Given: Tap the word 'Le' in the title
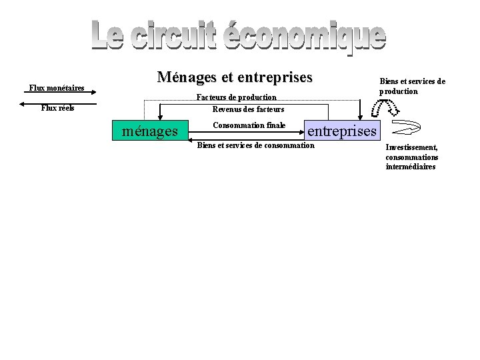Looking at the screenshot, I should (107, 36).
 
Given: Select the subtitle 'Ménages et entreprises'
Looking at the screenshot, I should (235, 77).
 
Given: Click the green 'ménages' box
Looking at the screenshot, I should (150, 131).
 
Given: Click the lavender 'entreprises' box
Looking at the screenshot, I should (341, 131).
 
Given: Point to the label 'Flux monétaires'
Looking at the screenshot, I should (57, 88).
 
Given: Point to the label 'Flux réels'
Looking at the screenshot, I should (58, 108).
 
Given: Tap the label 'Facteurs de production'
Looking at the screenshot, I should (236, 98).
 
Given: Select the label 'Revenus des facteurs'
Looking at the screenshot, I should (248, 109).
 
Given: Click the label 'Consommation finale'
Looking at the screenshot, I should (249, 125).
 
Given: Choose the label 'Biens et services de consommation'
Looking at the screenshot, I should (255, 145).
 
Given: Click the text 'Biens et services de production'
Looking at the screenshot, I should (412, 86).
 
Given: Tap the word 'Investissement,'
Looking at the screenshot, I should (411, 147).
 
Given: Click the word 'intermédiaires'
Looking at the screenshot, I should (411, 167).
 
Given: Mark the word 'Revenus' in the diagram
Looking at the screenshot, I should (226, 109).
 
